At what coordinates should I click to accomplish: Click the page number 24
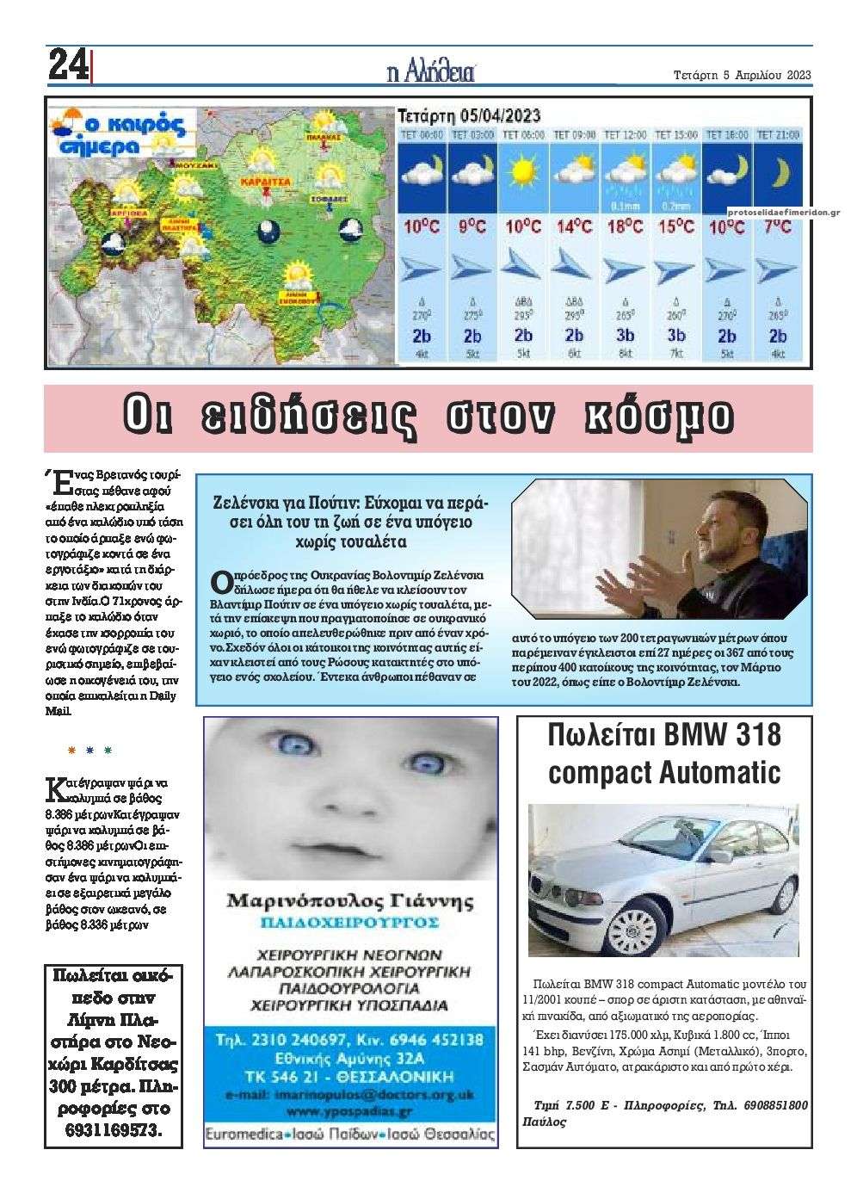pyautogui.click(x=67, y=65)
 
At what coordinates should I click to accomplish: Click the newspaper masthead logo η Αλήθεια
pyautogui.click(x=431, y=72)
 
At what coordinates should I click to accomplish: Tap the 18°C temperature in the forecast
pyautogui.click(x=625, y=227)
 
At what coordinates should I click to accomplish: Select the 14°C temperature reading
pyautogui.click(x=574, y=227)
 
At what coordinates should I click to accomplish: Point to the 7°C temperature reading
pyautogui.click(x=778, y=227)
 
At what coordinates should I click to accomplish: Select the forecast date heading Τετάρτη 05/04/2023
pyautogui.click(x=469, y=115)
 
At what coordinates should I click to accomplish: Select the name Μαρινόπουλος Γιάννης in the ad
pyautogui.click(x=350, y=902)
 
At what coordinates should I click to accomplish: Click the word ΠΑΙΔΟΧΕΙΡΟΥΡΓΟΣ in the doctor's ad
pyautogui.click(x=350, y=924)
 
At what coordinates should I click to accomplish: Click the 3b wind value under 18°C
pyautogui.click(x=625, y=336)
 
